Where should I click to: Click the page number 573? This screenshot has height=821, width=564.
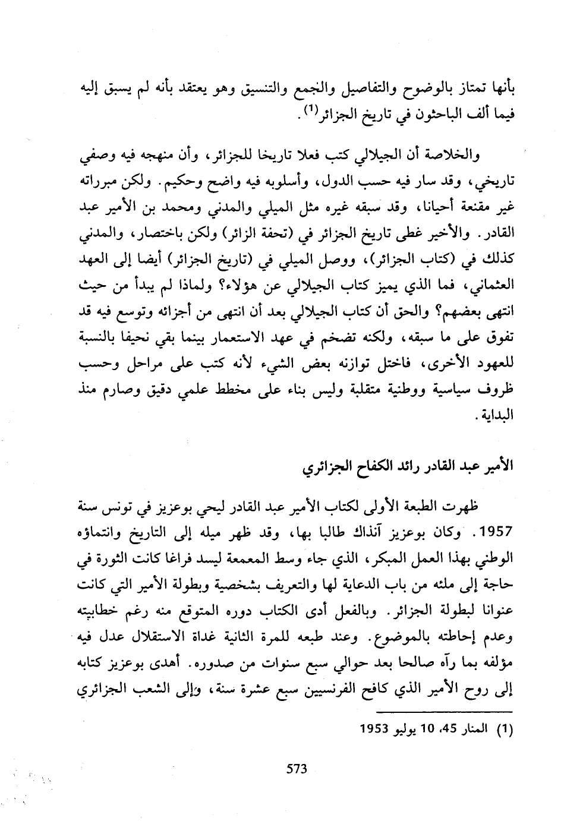tap(296, 768)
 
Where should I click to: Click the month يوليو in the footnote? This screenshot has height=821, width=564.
tap(409, 729)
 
